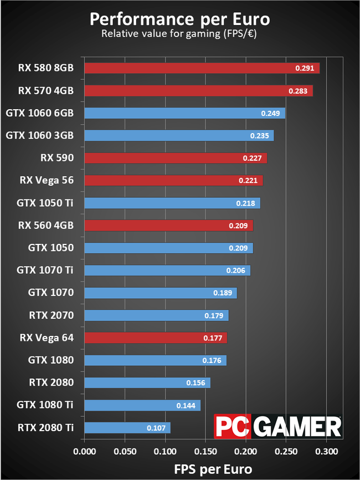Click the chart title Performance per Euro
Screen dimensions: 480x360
[179, 19]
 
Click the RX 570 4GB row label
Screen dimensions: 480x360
[46, 90]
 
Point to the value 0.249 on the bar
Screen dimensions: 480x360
[271, 113]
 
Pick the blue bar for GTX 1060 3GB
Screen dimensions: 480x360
[179, 135]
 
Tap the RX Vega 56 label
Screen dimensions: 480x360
[47, 180]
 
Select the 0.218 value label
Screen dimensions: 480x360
[245, 203]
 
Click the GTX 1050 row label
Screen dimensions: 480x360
[51, 248]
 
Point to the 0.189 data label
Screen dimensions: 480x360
[223, 293]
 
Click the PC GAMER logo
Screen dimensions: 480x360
[277, 427]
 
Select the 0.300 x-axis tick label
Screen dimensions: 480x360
[327, 450]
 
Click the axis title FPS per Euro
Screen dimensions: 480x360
[205, 468]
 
